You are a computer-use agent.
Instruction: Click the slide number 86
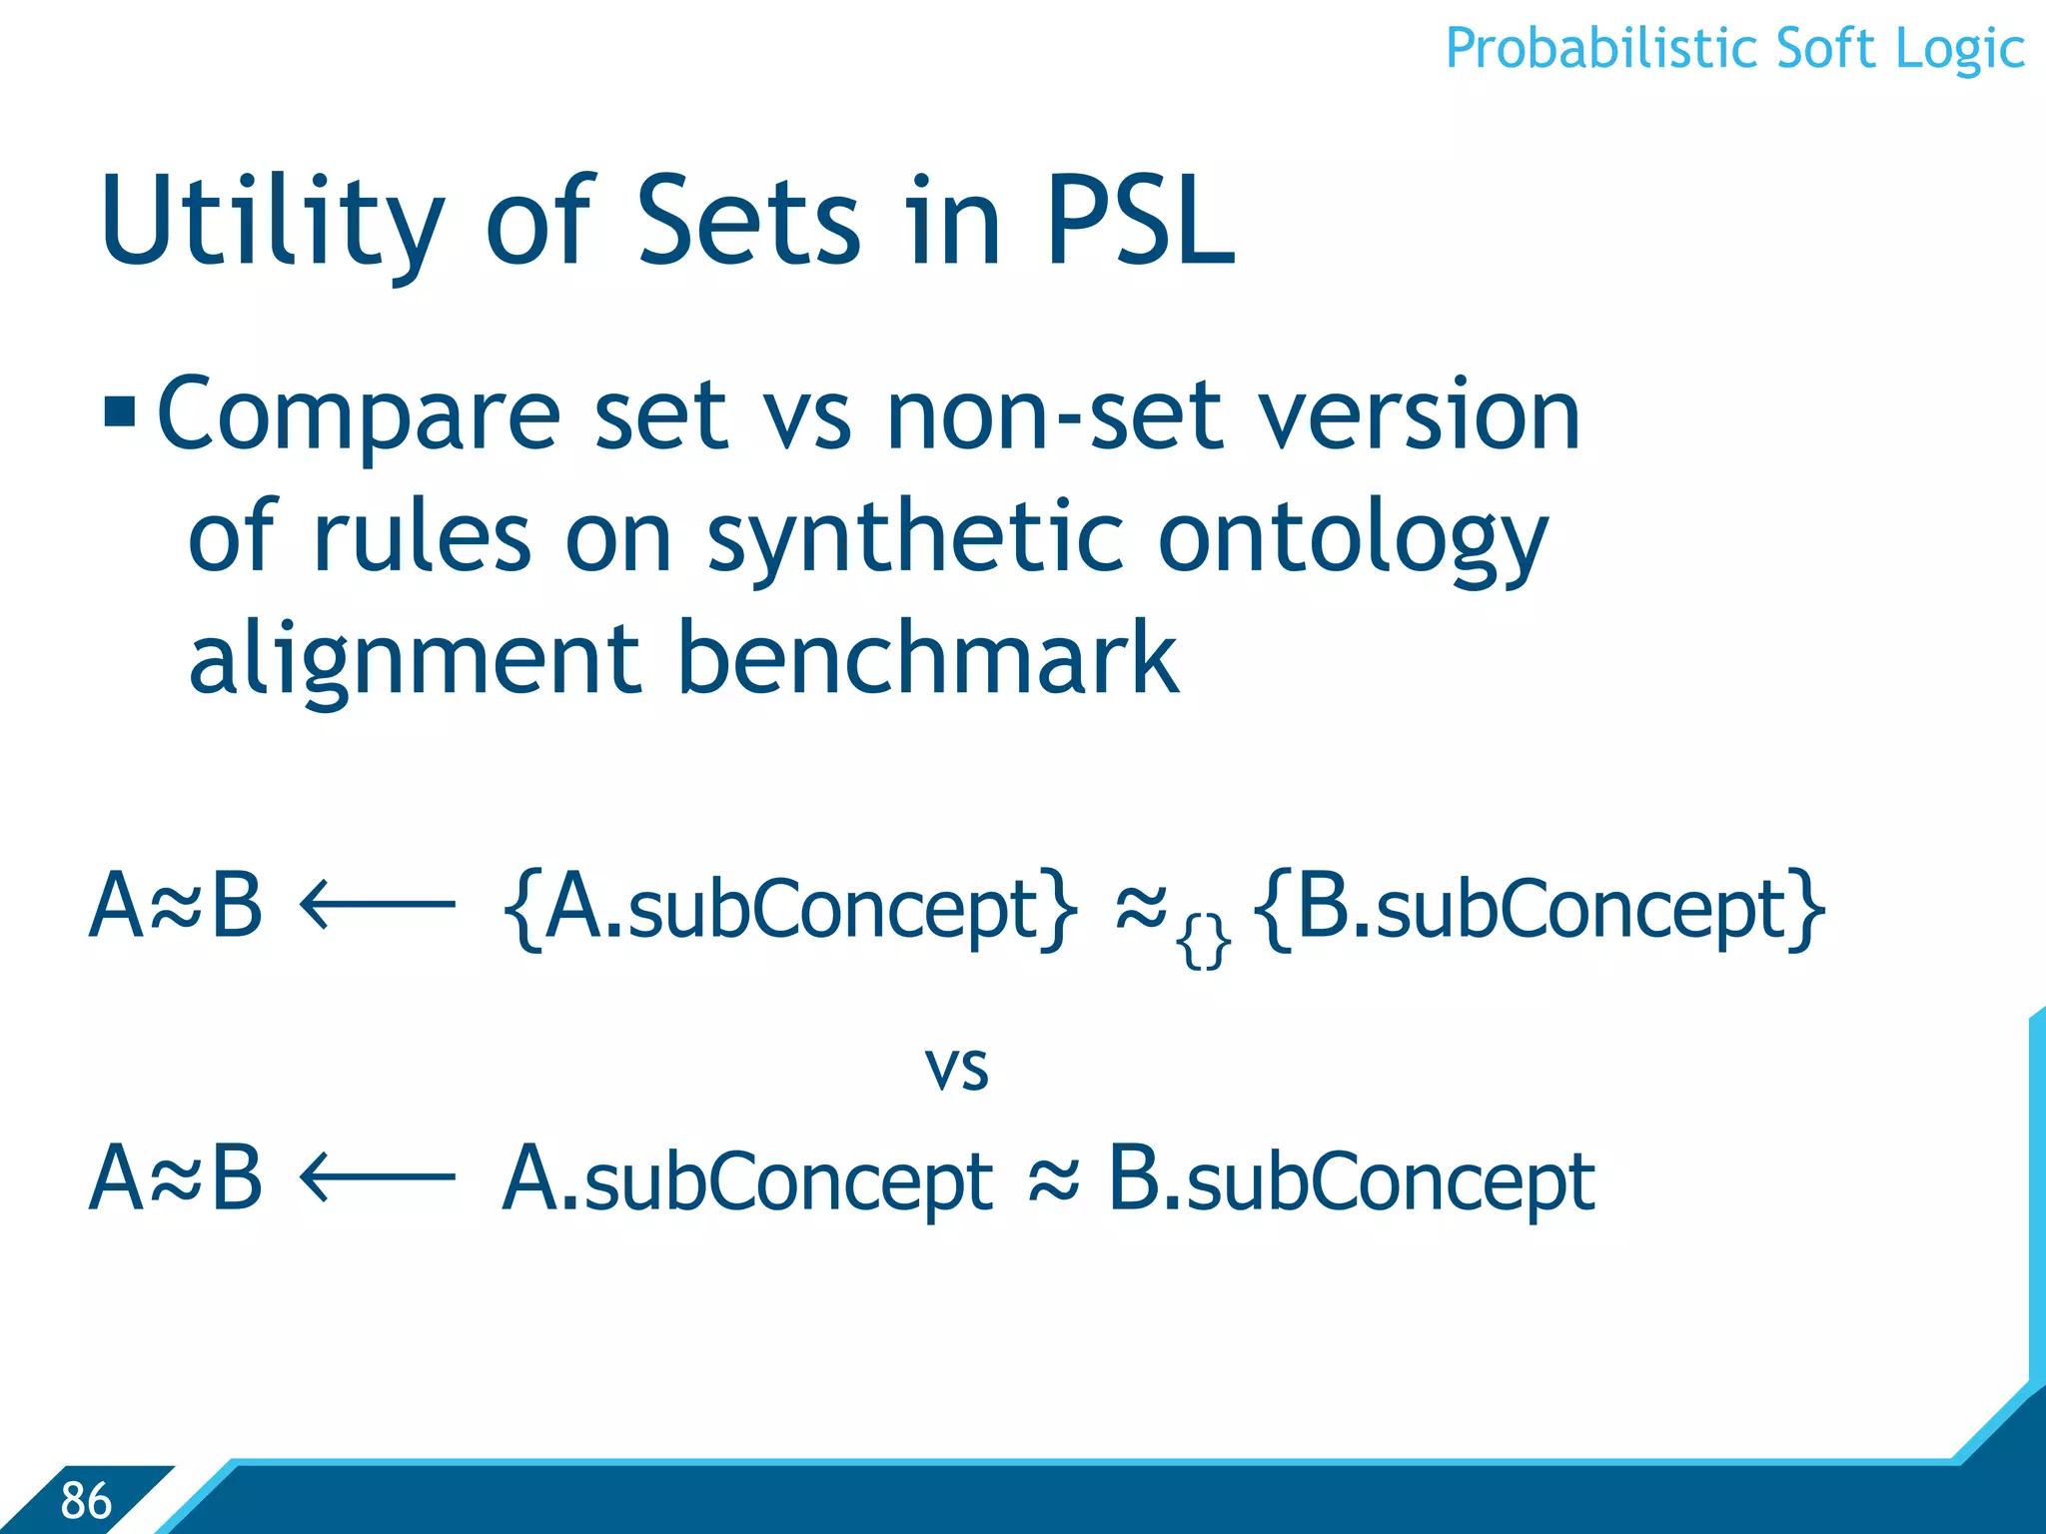pos(86,1500)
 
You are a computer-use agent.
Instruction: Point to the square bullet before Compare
pos(120,411)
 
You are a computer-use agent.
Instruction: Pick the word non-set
pos(1054,415)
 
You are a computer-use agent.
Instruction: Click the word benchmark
pos(929,659)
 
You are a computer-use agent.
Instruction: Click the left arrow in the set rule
pos(378,906)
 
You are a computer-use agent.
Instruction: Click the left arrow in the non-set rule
pos(378,1178)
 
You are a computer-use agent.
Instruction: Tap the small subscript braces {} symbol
pos(1203,943)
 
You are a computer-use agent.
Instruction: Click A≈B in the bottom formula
pos(176,1178)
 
